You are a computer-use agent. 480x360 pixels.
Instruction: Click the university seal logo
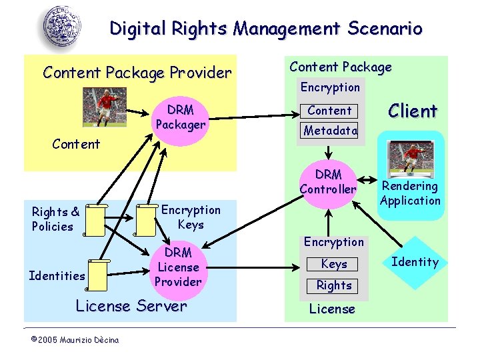click(65, 27)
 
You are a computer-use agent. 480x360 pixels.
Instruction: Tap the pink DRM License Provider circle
click(178, 267)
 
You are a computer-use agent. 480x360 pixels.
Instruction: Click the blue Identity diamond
click(415, 262)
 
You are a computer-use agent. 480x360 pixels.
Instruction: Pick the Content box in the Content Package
click(329, 111)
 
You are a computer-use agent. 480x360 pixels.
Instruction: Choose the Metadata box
click(330, 131)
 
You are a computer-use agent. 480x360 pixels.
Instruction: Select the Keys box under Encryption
click(333, 264)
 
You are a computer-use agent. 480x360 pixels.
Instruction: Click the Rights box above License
click(333, 285)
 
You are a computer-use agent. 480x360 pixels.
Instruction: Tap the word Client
click(413, 111)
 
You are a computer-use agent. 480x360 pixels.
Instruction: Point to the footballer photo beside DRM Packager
click(99, 107)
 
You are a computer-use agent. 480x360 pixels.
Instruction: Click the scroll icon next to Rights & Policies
click(95, 220)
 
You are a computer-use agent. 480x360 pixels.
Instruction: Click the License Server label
click(131, 307)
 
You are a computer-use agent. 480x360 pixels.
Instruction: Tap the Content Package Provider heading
click(137, 72)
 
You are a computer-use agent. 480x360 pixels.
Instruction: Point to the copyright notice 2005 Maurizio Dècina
click(75, 340)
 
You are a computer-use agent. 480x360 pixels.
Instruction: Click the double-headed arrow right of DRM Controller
click(369, 179)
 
